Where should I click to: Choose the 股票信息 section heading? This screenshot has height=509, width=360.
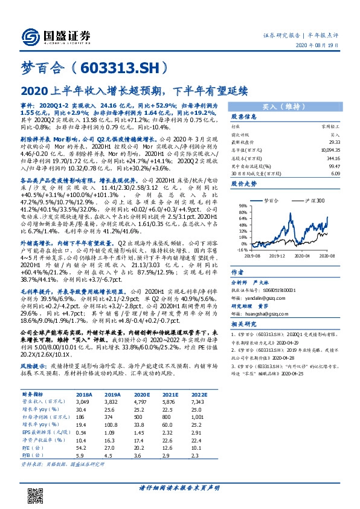tap(244, 117)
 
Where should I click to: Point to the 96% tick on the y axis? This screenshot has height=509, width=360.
tap(243, 205)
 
